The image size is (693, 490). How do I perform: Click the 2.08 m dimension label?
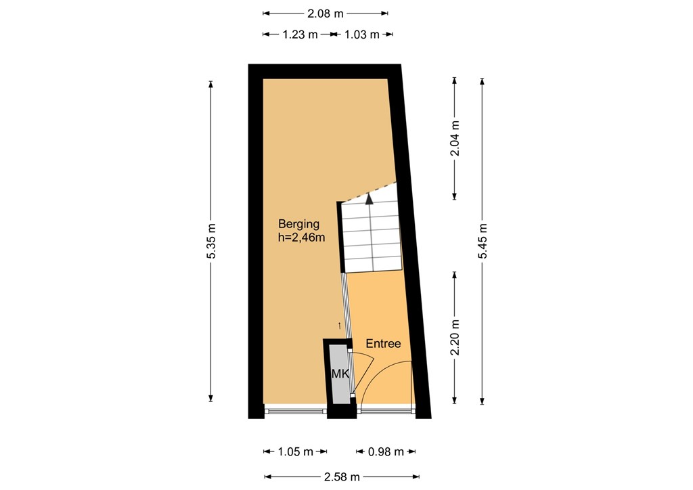point(326,12)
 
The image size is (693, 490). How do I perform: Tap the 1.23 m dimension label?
point(299,35)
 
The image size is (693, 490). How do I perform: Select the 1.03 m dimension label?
point(361,35)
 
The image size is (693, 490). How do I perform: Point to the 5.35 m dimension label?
point(211,240)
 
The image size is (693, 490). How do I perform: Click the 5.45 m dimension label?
point(482,240)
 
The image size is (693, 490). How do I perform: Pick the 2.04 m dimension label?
point(455,138)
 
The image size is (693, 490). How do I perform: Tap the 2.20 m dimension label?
point(455,338)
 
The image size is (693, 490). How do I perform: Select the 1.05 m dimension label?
point(296,451)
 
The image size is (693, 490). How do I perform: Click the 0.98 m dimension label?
point(386,451)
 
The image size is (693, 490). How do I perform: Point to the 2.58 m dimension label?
point(342,476)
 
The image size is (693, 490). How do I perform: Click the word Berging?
point(298,224)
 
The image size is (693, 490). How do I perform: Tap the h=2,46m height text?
point(302,238)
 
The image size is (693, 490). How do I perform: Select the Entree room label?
point(383,344)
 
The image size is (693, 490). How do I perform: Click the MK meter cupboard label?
point(339,373)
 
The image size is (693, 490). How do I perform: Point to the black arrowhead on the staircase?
point(369,198)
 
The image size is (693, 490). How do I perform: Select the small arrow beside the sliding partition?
point(340,325)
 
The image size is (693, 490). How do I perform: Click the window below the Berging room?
point(295,409)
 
